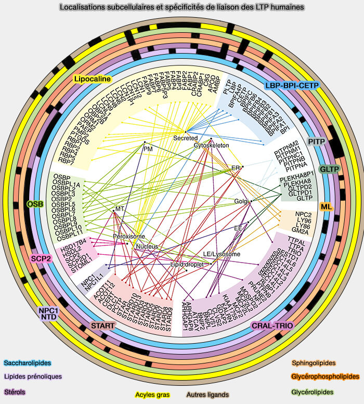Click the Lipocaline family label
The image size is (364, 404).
(93, 79)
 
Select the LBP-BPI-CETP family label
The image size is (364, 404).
(292, 85)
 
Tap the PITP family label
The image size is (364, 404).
(317, 141)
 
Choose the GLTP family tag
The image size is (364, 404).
(329, 170)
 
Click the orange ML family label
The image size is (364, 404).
(326, 206)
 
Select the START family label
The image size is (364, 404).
(103, 325)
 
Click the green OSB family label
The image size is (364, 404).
(35, 204)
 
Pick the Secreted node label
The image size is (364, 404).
(186, 138)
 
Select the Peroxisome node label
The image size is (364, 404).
(128, 237)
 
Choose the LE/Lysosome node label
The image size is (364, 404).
(222, 254)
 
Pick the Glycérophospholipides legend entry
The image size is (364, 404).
(326, 376)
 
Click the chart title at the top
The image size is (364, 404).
(182, 8)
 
